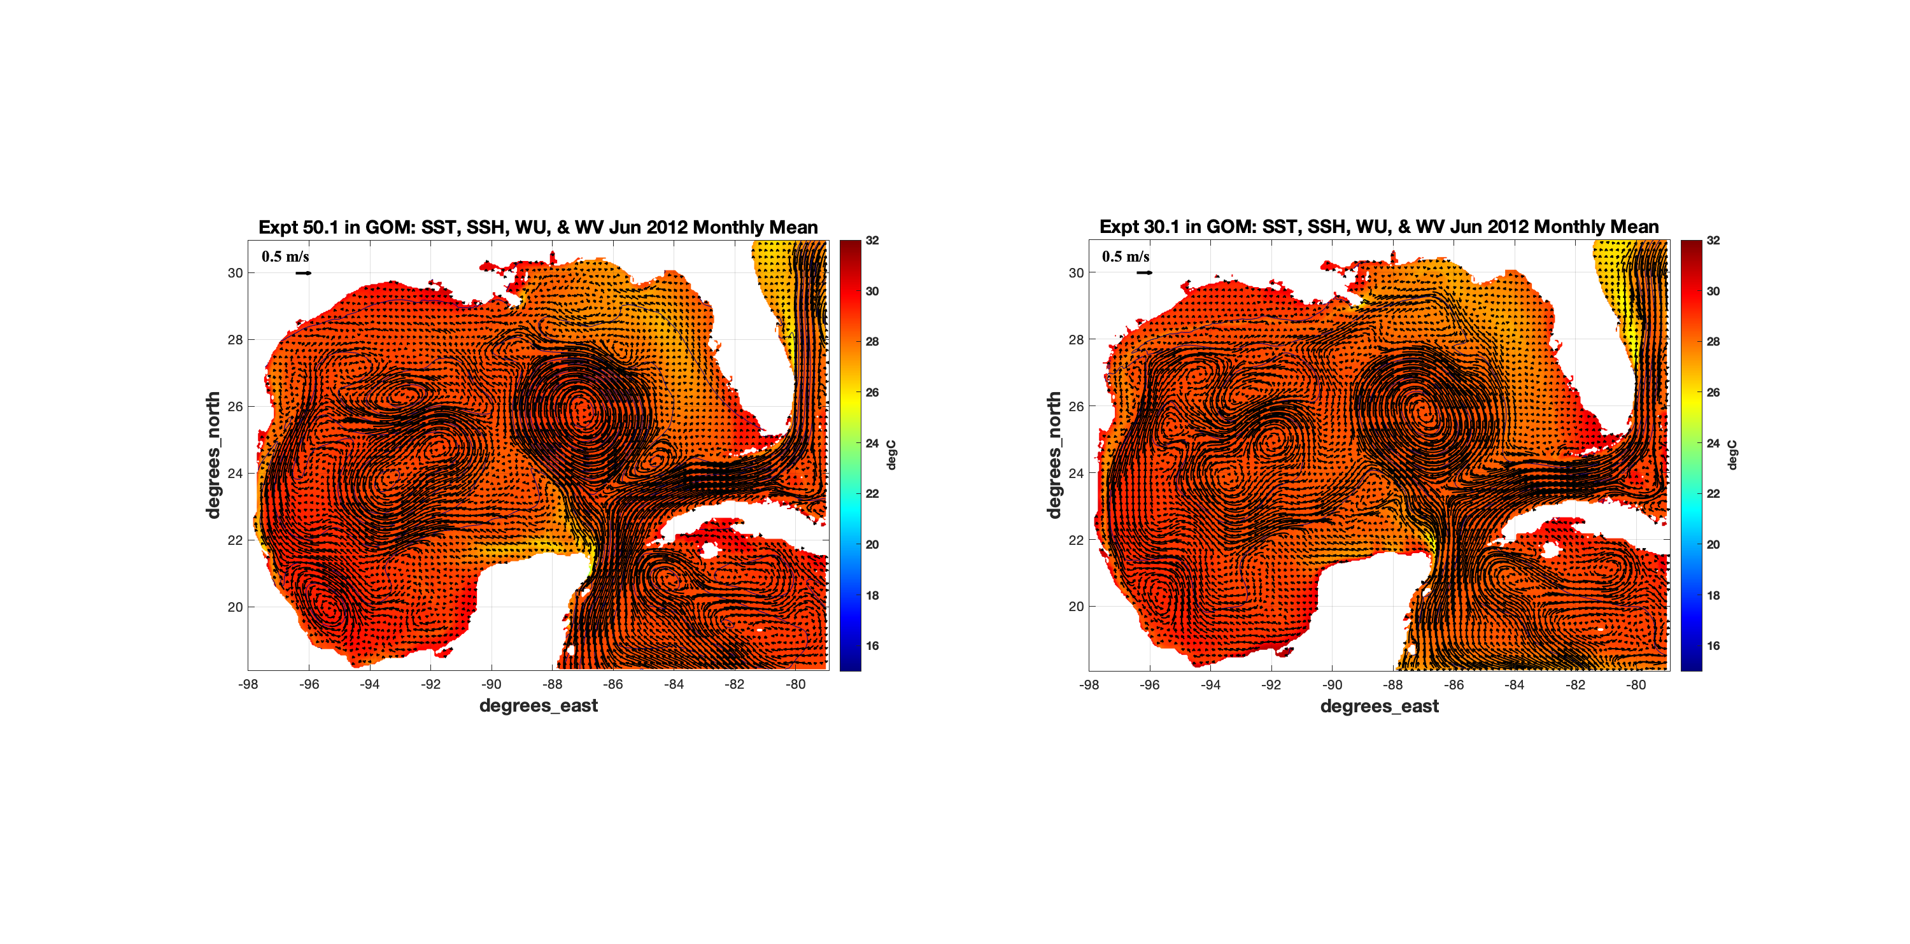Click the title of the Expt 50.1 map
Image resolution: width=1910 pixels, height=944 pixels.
click(537, 227)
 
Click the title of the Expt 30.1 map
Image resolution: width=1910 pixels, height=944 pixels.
click(1378, 227)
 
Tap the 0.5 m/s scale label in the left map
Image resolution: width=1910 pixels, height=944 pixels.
click(285, 257)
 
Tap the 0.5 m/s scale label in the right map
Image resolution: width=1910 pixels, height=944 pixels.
click(1126, 257)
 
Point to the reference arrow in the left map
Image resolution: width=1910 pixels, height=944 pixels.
click(303, 273)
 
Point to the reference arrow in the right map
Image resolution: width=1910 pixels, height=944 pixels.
click(1144, 273)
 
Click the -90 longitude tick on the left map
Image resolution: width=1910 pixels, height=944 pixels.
click(491, 684)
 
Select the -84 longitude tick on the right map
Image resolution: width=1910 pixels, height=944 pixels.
click(1514, 684)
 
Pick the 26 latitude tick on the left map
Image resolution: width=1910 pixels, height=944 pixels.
click(235, 406)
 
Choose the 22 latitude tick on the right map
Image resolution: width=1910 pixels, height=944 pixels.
click(1076, 540)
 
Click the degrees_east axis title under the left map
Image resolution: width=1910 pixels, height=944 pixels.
click(538, 705)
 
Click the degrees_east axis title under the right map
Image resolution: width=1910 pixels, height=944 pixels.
click(1379, 705)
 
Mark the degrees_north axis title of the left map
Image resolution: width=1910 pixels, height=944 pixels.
click(213, 454)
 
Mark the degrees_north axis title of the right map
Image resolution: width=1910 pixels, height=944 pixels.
click(1054, 454)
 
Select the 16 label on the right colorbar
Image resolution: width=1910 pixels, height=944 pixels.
click(1713, 646)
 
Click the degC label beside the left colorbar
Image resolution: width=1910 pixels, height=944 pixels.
click(891, 454)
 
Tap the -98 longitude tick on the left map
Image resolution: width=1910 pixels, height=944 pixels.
click(248, 684)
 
